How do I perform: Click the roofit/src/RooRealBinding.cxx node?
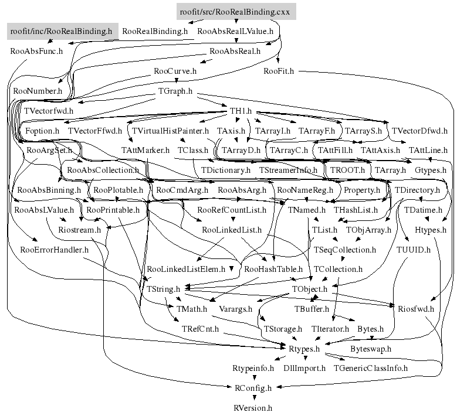click(x=236, y=11)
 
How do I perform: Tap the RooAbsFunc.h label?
click(x=36, y=50)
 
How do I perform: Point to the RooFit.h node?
click(x=279, y=71)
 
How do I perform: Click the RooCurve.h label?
click(x=175, y=71)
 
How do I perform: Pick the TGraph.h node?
click(x=175, y=91)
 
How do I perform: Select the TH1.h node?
click(x=240, y=111)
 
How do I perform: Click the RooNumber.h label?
click(x=37, y=91)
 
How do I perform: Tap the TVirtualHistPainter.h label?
click(x=170, y=131)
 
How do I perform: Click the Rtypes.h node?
click(x=304, y=349)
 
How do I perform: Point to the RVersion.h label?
click(x=253, y=408)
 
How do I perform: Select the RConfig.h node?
click(x=253, y=388)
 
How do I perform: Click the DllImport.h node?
click(x=304, y=369)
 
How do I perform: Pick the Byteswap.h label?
click(x=370, y=349)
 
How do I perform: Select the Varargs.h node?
click(x=235, y=309)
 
